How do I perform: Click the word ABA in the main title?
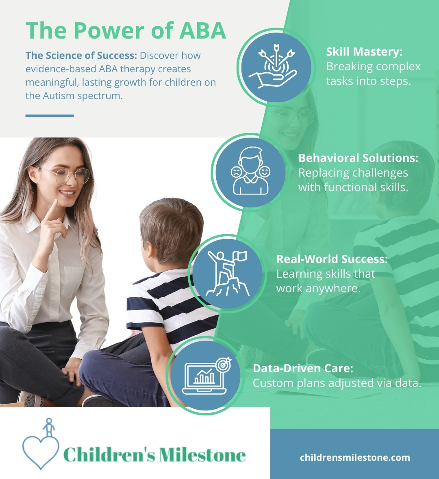(202, 30)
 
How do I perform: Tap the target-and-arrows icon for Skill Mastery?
(274, 66)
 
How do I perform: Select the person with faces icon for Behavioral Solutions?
(250, 171)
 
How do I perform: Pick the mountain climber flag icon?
(227, 274)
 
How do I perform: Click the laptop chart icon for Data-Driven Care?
(206, 376)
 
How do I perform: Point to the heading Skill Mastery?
(364, 52)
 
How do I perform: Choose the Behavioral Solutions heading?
(358, 158)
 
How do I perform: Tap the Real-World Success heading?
(332, 259)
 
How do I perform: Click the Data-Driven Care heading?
(303, 368)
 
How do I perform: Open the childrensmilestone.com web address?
(355, 457)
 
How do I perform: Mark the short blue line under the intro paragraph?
(50, 116)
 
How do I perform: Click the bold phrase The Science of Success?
(81, 56)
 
